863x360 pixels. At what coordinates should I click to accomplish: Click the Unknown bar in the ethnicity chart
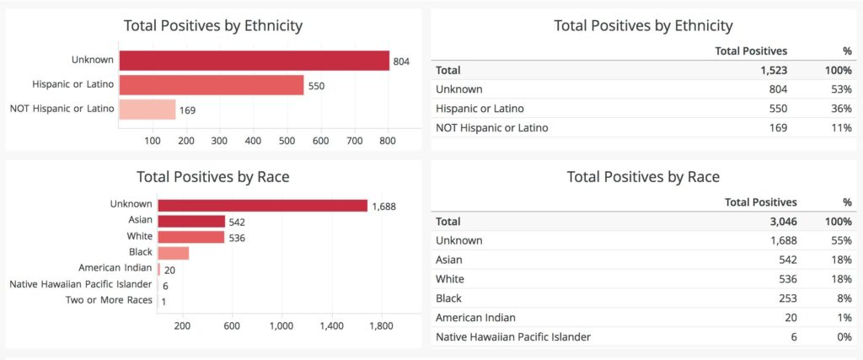[x=253, y=61]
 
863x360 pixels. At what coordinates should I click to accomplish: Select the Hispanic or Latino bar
[x=211, y=85]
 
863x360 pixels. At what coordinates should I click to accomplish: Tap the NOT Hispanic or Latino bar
[x=147, y=109]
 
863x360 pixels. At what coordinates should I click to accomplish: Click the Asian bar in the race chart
[x=191, y=221]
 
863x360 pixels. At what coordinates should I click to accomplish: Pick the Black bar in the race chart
[x=173, y=253]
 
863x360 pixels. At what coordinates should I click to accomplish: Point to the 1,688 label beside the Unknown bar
[x=383, y=206]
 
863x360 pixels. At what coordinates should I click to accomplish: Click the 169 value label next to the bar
[x=188, y=110]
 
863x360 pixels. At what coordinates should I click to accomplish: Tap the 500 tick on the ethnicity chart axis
[x=287, y=140]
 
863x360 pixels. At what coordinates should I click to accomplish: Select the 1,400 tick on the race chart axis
[x=331, y=325]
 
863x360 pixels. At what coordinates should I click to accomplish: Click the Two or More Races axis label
[x=110, y=300]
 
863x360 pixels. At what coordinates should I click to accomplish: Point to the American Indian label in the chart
[x=115, y=268]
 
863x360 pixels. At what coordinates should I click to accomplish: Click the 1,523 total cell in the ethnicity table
[x=773, y=70]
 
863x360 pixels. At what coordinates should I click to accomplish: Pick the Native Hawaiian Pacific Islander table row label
[x=512, y=337]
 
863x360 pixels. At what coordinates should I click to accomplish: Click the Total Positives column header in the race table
[x=760, y=202]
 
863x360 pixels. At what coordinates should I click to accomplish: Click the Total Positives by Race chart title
[x=213, y=177]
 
